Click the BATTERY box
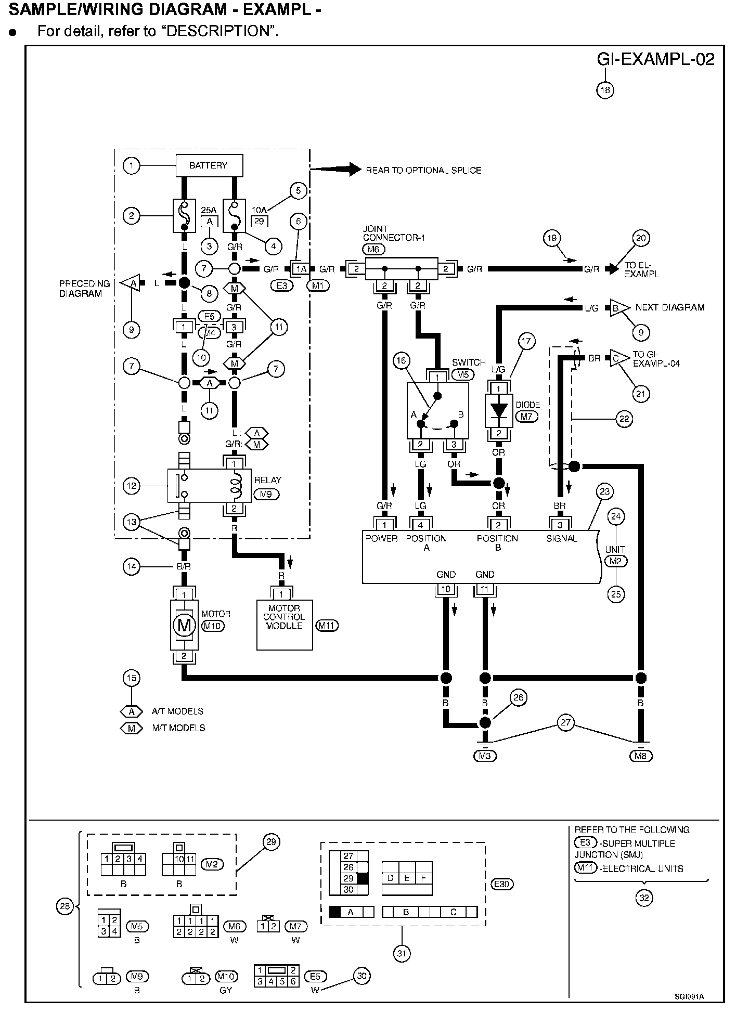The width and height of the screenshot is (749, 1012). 209,165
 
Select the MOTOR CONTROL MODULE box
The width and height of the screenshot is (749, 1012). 285,625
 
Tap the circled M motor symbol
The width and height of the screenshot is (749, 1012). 184,625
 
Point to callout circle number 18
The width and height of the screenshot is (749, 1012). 605,90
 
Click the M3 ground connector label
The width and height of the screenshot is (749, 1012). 485,756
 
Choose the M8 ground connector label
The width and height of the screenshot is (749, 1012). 640,756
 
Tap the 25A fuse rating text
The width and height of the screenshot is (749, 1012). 209,210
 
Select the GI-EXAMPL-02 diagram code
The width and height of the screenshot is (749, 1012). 655,59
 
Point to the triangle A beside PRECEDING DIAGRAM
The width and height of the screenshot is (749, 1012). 131,283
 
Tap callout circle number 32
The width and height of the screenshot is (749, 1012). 644,898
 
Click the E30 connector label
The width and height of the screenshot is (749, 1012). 503,884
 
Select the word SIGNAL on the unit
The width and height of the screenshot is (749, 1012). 562,538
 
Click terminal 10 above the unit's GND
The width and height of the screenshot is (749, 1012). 446,589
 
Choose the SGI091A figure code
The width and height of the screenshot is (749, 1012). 689,996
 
